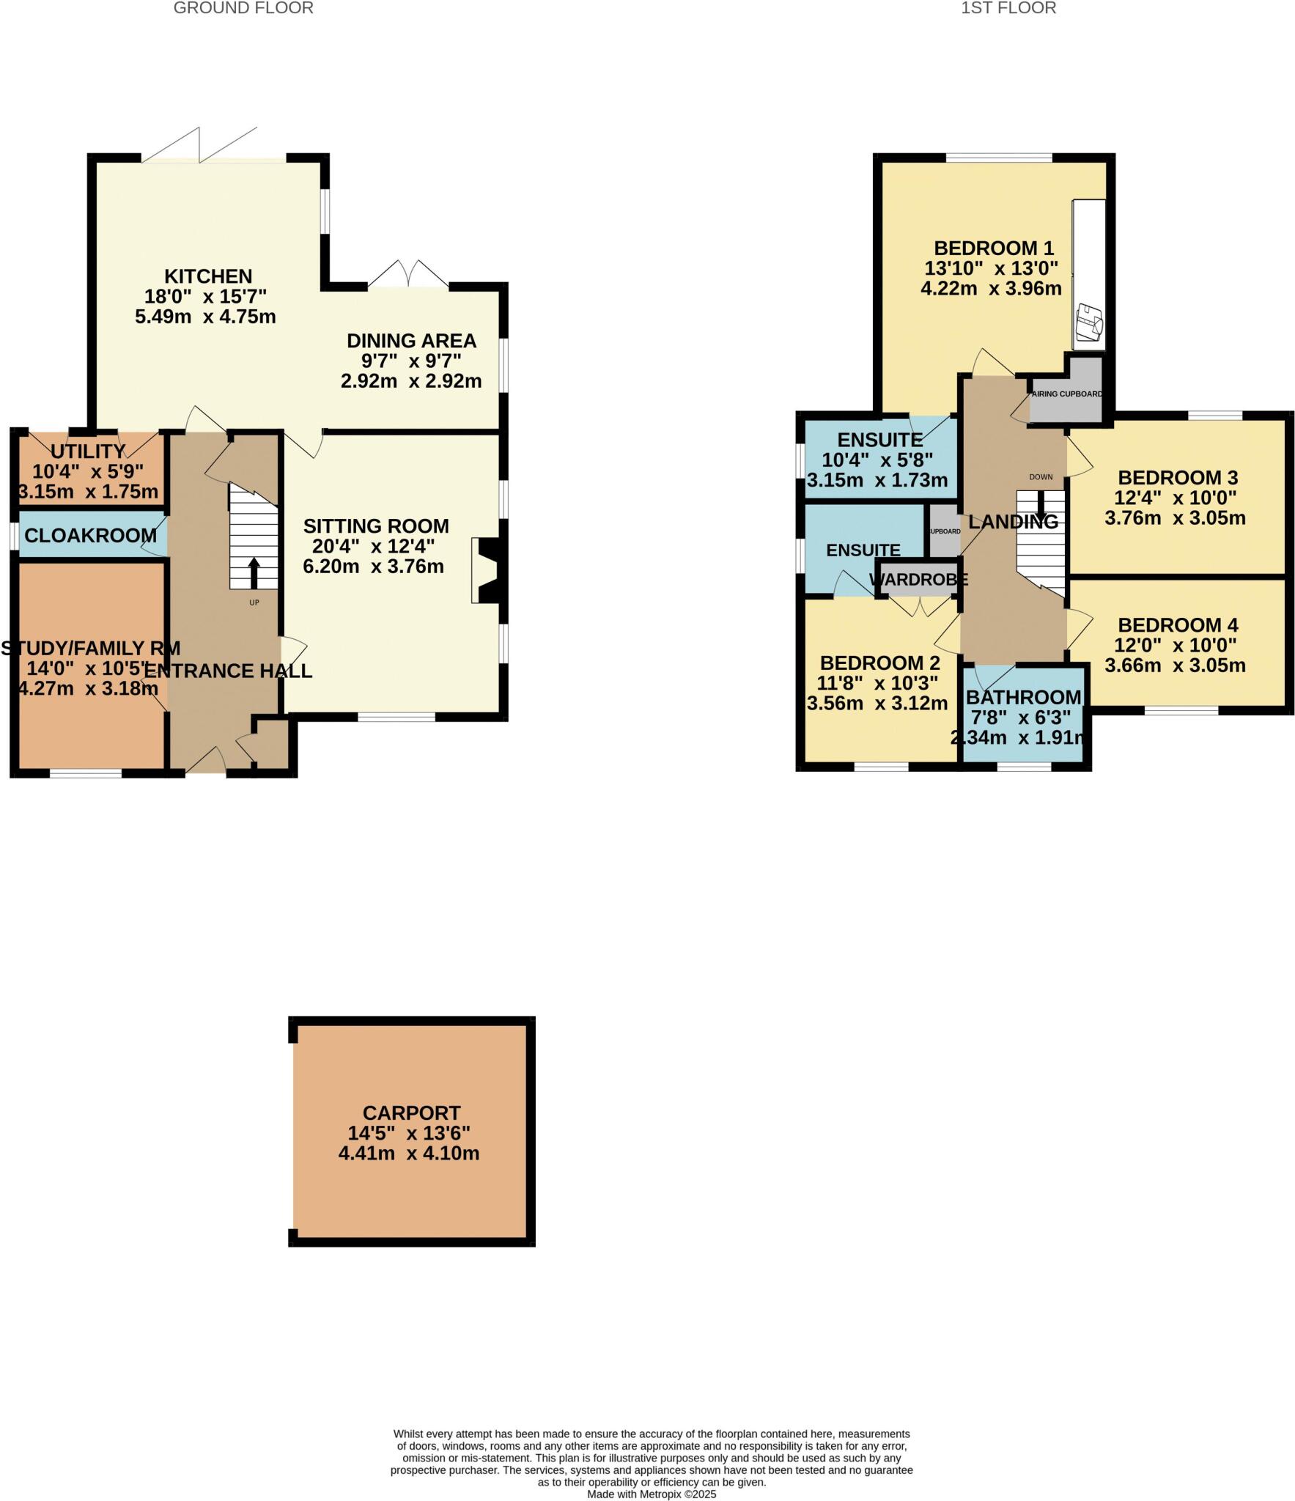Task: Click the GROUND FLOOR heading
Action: [243, 8]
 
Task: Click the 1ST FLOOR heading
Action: [1008, 8]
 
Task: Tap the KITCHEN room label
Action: [208, 276]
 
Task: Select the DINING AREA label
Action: [411, 341]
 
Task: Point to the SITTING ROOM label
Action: [376, 526]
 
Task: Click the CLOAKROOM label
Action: [90, 536]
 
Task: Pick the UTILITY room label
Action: [88, 451]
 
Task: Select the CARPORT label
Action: [411, 1113]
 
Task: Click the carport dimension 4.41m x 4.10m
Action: [409, 1153]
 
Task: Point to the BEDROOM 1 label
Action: [994, 248]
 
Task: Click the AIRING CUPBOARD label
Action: [1067, 394]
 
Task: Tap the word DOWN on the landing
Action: [1041, 477]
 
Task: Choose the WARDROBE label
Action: [919, 580]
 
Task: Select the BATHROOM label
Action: [1023, 697]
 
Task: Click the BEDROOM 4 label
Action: [1178, 625]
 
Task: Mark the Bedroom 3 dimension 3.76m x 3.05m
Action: [1175, 518]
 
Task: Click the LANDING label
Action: [1014, 522]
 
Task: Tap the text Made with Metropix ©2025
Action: [652, 1494]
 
